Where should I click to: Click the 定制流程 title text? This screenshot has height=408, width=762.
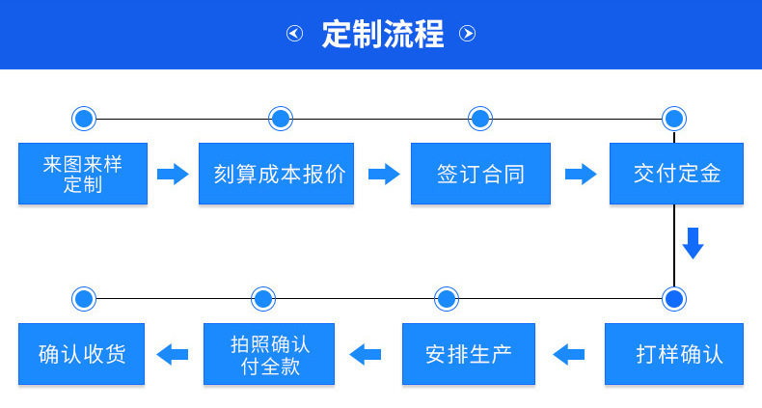[x=383, y=34]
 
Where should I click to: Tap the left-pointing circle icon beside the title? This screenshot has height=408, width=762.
[x=294, y=34]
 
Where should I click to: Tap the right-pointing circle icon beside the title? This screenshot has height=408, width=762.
[x=468, y=34]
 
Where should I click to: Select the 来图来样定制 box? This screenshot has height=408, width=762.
[x=83, y=174]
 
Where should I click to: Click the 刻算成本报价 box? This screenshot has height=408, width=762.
[x=276, y=174]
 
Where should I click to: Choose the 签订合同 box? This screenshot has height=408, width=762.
[x=480, y=174]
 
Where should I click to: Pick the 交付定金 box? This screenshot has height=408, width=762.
[x=676, y=174]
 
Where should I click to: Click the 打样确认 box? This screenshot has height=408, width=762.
[x=674, y=354]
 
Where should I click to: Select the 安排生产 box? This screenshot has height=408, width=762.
[x=469, y=354]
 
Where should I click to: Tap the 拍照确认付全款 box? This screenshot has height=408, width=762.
[x=269, y=354]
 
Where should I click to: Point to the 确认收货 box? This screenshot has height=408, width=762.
[x=82, y=354]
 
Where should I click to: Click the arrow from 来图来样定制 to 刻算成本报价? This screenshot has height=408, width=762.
[x=173, y=174]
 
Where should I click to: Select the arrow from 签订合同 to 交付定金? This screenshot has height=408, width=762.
[x=581, y=174]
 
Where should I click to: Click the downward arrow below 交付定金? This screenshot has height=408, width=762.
[x=693, y=243]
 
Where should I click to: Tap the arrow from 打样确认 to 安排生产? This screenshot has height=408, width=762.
[x=569, y=355]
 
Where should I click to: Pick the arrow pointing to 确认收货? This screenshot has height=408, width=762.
[x=173, y=355]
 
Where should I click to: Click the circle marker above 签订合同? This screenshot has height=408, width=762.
[x=480, y=119]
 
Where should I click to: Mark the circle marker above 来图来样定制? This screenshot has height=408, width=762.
[x=84, y=119]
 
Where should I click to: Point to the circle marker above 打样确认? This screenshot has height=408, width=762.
[x=674, y=299]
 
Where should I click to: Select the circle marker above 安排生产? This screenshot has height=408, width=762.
[x=447, y=299]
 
